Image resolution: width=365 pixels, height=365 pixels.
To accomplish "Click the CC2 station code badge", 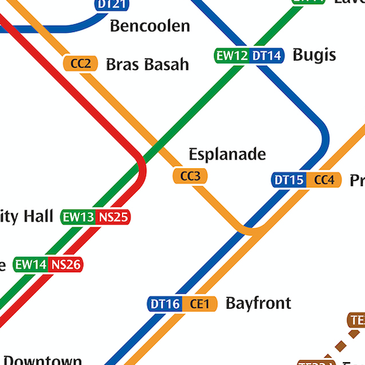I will [x=81, y=63].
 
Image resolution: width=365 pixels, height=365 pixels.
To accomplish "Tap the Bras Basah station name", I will [x=147, y=64].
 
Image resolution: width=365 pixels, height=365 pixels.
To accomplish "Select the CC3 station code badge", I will [x=190, y=175].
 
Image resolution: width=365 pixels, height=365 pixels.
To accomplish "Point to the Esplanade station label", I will [x=227, y=154].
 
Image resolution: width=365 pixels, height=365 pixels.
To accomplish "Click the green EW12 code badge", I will [x=232, y=56].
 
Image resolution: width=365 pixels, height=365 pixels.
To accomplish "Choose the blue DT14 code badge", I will [x=267, y=56].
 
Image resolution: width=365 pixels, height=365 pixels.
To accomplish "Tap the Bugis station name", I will [x=314, y=55].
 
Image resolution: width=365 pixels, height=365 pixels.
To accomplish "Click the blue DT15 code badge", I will [x=289, y=180].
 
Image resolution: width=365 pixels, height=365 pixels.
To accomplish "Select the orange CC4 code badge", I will [x=324, y=180].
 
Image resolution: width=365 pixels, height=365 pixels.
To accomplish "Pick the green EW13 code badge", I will [x=78, y=217].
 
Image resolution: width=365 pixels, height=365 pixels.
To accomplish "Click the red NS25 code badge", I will [x=113, y=217].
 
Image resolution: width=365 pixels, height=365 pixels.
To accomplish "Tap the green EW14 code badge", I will [x=31, y=264].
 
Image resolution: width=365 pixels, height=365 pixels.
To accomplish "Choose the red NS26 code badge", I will [x=66, y=264].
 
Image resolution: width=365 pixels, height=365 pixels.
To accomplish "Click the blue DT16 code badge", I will [x=165, y=304].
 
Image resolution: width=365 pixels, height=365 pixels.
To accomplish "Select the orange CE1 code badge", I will [x=199, y=304].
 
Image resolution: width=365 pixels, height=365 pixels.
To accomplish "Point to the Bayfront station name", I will [x=258, y=303].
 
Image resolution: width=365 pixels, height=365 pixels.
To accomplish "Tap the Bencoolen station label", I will [x=150, y=27].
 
